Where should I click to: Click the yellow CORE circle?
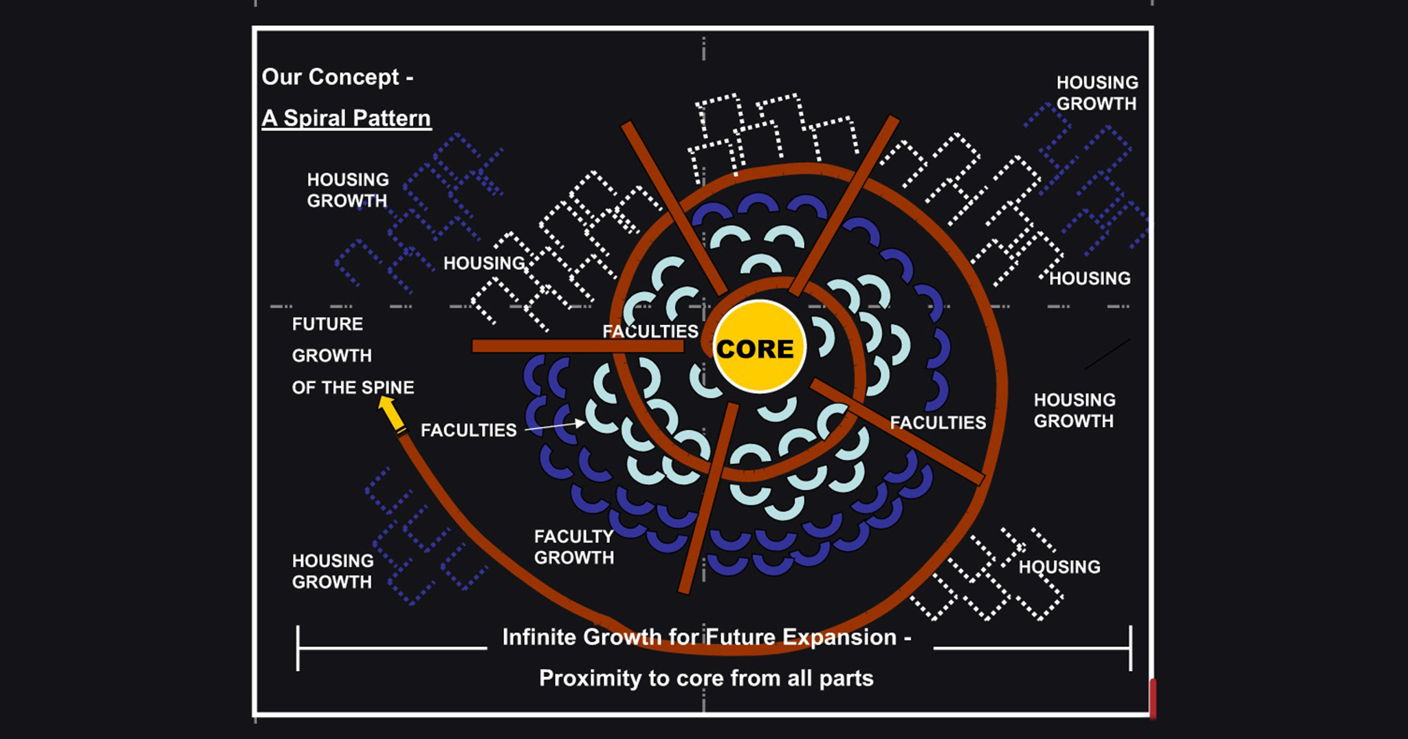(x=758, y=346)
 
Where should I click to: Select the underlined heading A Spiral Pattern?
(x=346, y=118)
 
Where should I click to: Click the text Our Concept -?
(x=337, y=77)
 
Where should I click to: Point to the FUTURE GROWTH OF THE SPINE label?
(x=352, y=355)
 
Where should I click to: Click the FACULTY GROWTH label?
(x=573, y=547)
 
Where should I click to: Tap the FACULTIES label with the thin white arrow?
(x=468, y=430)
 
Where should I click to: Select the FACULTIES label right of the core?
(x=938, y=423)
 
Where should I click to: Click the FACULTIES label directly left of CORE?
(x=650, y=331)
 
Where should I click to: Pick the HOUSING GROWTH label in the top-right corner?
(x=1097, y=93)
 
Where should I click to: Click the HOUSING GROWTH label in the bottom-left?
(x=333, y=571)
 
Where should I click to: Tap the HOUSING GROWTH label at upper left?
(x=348, y=190)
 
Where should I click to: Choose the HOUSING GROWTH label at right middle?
(x=1075, y=410)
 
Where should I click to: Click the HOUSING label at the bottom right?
(x=1059, y=567)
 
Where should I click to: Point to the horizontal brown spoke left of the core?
(x=577, y=346)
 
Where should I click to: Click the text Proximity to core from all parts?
(x=706, y=679)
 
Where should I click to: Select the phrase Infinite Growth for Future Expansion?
(x=699, y=637)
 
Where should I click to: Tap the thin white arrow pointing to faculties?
(x=554, y=427)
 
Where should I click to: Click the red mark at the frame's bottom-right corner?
(x=1152, y=698)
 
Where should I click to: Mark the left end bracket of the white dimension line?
(x=298, y=648)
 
